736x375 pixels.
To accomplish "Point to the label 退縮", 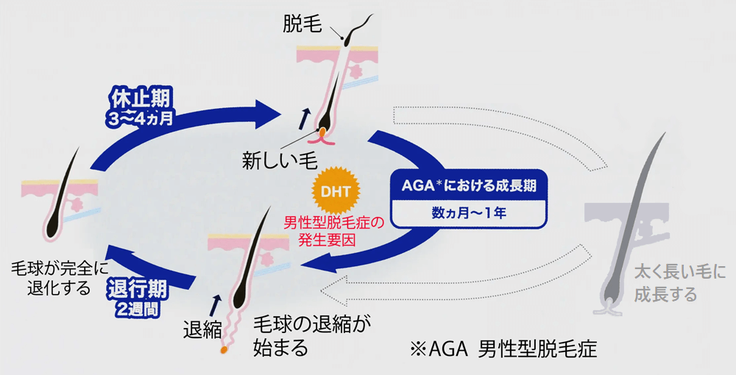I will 202,330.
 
